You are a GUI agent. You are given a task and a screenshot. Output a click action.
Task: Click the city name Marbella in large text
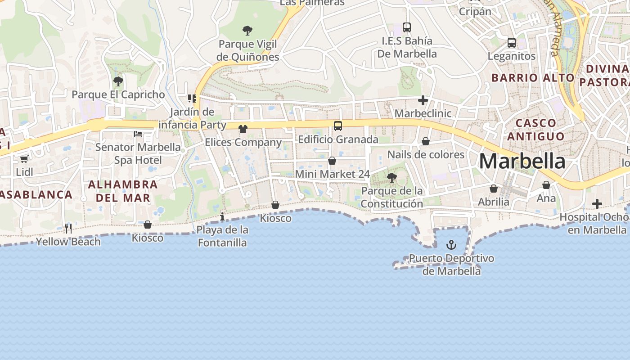522,161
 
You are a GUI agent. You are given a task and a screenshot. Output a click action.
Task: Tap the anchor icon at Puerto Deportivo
451,245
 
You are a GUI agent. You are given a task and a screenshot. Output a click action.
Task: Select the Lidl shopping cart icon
24,159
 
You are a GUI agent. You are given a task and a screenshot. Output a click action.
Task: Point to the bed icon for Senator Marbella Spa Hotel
138,134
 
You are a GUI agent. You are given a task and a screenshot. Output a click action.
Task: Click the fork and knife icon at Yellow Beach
68,228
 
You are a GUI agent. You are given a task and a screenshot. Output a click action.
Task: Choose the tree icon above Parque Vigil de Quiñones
247,31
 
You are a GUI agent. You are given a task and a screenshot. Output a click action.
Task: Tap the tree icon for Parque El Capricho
118,81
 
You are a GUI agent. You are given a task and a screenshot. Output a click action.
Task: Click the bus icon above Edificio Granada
338,126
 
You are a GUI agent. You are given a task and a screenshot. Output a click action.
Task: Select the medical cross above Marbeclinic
423,100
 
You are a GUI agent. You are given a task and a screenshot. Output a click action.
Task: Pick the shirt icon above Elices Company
243,129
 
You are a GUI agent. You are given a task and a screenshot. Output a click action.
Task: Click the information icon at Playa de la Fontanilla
222,217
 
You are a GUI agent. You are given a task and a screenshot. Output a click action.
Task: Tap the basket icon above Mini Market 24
332,161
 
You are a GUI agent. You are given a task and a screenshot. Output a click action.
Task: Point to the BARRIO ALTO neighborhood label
533,78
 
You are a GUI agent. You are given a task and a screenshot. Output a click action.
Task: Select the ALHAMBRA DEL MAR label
123,191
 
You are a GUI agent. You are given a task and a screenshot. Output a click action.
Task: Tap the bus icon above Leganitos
512,43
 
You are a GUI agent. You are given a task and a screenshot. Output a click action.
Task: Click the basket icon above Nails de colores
426,142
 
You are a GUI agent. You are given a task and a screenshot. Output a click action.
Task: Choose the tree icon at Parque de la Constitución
392,178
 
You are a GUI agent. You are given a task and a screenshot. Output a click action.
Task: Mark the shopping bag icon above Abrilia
494,189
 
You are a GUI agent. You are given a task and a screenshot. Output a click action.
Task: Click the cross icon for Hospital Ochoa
597,204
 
